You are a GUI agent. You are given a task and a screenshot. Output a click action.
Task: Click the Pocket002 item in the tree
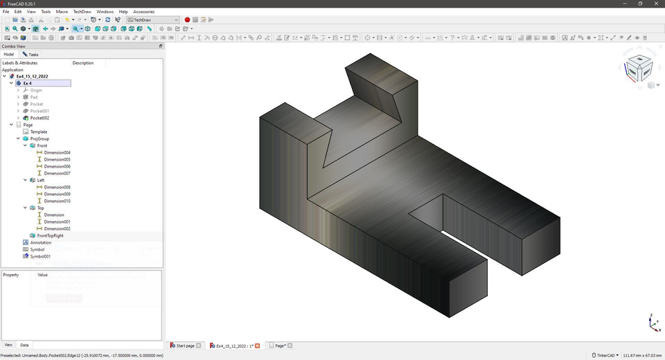[x=39, y=118]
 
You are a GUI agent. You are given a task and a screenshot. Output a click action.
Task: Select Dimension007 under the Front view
[x=57, y=173]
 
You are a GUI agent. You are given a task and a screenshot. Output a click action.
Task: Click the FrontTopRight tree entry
[x=50, y=235]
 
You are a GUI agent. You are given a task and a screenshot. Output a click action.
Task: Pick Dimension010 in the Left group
[x=57, y=201]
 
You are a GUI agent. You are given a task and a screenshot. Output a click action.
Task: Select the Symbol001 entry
[x=39, y=256]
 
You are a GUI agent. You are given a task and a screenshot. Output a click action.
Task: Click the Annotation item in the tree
[x=40, y=242]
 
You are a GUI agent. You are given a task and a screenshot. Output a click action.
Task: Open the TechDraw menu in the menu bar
[x=82, y=12]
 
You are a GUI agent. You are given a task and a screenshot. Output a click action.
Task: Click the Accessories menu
[x=143, y=12]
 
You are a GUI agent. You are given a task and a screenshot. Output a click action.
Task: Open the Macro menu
[x=62, y=12]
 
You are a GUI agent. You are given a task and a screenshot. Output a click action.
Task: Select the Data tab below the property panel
[x=24, y=345]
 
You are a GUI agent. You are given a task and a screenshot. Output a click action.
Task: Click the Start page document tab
[x=185, y=345]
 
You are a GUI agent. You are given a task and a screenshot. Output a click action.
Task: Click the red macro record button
[x=187, y=20]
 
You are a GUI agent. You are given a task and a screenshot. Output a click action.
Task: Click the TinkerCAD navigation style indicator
[x=605, y=355]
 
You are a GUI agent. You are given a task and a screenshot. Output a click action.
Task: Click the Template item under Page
[x=39, y=132]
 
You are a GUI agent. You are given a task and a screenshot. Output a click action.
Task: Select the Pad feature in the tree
[x=34, y=97]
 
